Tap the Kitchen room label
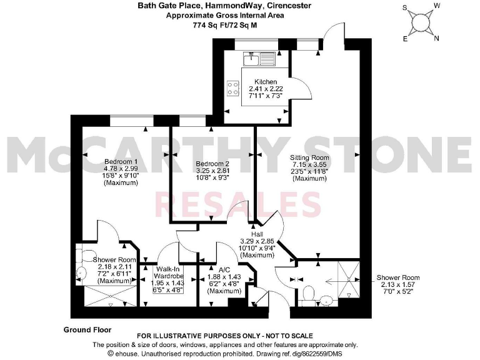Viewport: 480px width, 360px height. (266, 82)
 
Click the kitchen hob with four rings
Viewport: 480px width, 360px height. (234, 88)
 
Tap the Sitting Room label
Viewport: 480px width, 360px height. (310, 159)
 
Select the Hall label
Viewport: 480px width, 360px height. (257, 234)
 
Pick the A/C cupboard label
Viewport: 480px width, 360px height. (224, 271)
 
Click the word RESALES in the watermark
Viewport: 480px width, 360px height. (237, 205)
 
